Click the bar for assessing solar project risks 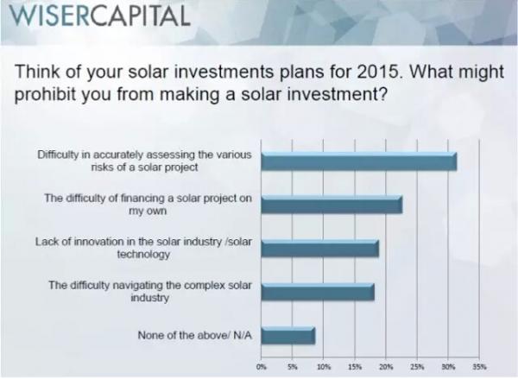[x=358, y=161]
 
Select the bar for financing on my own [x=332, y=204]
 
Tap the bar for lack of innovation [x=319, y=248]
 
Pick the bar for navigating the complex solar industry [x=317, y=291]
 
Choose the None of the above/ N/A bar [x=287, y=334]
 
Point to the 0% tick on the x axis [x=262, y=366]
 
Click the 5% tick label [x=293, y=366]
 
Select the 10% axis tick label [x=324, y=366]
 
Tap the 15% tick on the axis [x=355, y=366]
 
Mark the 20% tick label [x=386, y=366]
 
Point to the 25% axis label [x=417, y=366]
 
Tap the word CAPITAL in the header [x=140, y=16]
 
